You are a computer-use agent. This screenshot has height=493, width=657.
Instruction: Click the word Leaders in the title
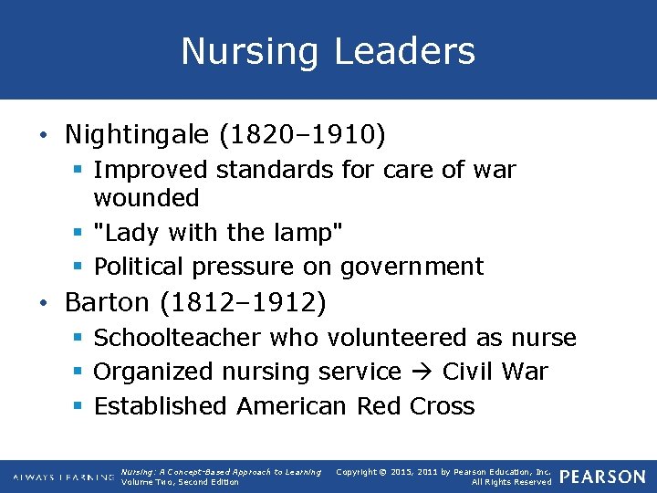(404, 51)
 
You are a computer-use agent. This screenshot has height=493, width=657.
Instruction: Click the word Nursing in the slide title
(249, 51)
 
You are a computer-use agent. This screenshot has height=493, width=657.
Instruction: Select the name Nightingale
(137, 134)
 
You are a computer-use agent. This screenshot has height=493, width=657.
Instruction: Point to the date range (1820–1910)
(302, 134)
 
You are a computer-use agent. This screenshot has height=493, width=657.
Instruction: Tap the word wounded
(146, 197)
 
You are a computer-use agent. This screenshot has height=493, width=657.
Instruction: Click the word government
(412, 267)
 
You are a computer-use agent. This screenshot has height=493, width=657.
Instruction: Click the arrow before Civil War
(422, 372)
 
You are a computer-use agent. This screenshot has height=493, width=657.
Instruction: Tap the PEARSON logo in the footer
(601, 477)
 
